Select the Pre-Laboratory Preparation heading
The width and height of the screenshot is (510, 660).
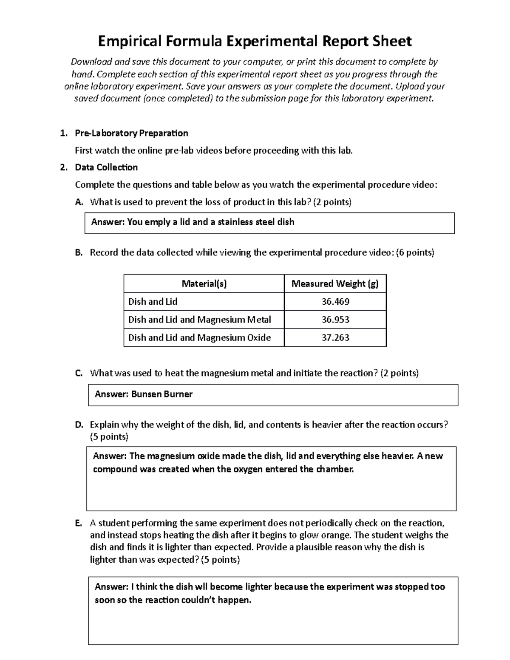point(131,133)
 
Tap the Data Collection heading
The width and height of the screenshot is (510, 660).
point(106,167)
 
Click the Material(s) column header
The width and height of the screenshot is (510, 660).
point(204,283)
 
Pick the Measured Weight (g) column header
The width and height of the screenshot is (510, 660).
point(335,283)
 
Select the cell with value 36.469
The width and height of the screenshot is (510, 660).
point(335,302)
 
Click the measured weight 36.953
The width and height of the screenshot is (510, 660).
point(335,320)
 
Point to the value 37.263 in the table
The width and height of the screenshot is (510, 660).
point(335,337)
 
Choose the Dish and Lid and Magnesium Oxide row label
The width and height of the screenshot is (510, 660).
point(199,337)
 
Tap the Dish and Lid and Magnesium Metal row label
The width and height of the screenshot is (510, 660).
point(199,320)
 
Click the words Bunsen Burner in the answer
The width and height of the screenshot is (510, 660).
point(162,394)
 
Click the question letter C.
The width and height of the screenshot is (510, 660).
point(78,374)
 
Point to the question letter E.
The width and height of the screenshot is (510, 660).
point(78,523)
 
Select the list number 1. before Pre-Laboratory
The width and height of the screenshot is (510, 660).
point(64,133)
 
